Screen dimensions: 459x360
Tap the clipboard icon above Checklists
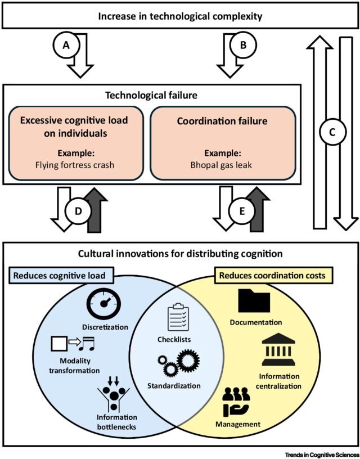(x=178, y=317)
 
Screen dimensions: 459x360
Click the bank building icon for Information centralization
(x=278, y=352)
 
